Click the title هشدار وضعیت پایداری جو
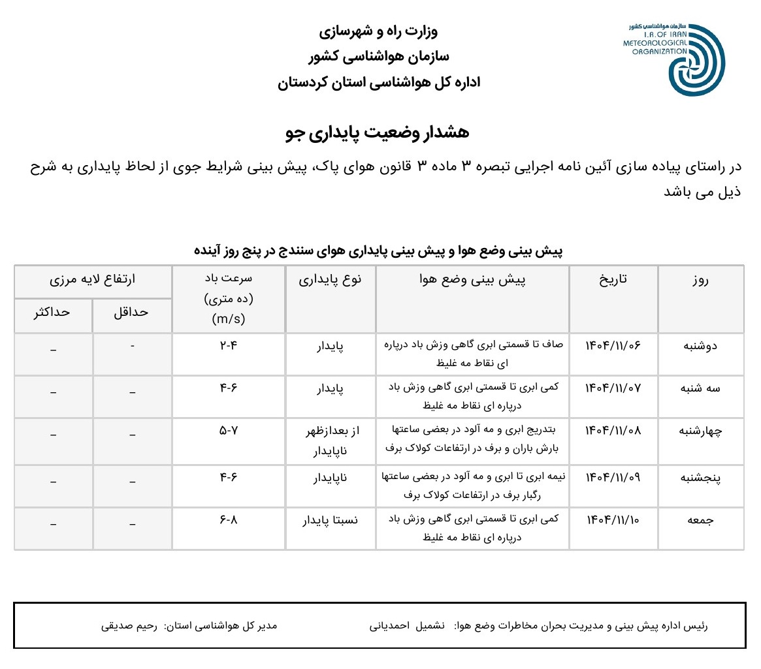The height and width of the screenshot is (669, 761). [x=378, y=132]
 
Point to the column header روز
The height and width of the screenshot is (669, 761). [x=700, y=281]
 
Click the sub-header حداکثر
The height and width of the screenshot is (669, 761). [x=53, y=312]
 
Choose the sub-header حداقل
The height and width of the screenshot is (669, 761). [x=131, y=312]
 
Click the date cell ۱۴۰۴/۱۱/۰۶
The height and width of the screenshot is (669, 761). [x=613, y=345]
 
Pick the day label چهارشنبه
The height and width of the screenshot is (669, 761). [x=700, y=431]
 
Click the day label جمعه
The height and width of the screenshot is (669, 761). [x=700, y=520]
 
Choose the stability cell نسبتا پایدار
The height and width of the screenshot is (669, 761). [x=330, y=520]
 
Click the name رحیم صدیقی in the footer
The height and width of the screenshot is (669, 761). [x=129, y=625]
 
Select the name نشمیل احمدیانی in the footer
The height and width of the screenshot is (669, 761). [x=407, y=625]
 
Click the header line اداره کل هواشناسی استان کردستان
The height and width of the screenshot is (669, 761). [x=379, y=83]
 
